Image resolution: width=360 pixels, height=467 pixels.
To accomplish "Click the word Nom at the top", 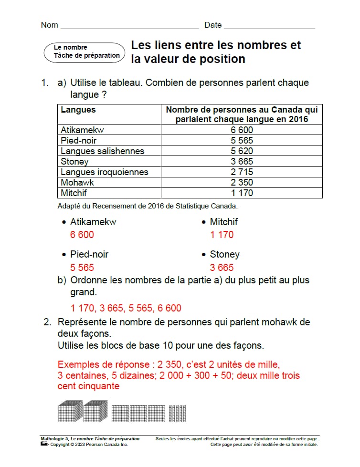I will tap(50, 25).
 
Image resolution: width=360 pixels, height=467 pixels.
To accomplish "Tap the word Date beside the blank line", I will tap(213, 25).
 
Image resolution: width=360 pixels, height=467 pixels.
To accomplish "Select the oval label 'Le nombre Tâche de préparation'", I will tap(84, 52).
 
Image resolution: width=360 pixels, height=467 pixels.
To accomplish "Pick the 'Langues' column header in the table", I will tap(78, 110).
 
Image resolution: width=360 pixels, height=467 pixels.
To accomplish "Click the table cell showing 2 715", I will tap(242, 172).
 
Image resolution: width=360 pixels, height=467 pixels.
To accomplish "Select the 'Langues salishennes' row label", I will tap(102, 151).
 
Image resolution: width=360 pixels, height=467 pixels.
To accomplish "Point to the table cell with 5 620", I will tap(242, 151).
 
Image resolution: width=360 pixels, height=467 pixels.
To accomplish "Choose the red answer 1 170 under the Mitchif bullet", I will tap(222, 235).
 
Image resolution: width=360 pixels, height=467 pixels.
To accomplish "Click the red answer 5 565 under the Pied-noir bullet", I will tap(82, 268).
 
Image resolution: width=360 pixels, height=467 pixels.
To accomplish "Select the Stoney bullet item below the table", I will tap(224, 254).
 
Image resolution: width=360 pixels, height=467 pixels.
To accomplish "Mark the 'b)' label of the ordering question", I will tap(62, 280).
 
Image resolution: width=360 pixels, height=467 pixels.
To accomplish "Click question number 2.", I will tap(47, 322).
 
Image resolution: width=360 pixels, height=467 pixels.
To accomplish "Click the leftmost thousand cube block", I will tap(70, 411).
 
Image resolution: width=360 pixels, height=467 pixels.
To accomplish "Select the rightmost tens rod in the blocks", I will tap(184, 413).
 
